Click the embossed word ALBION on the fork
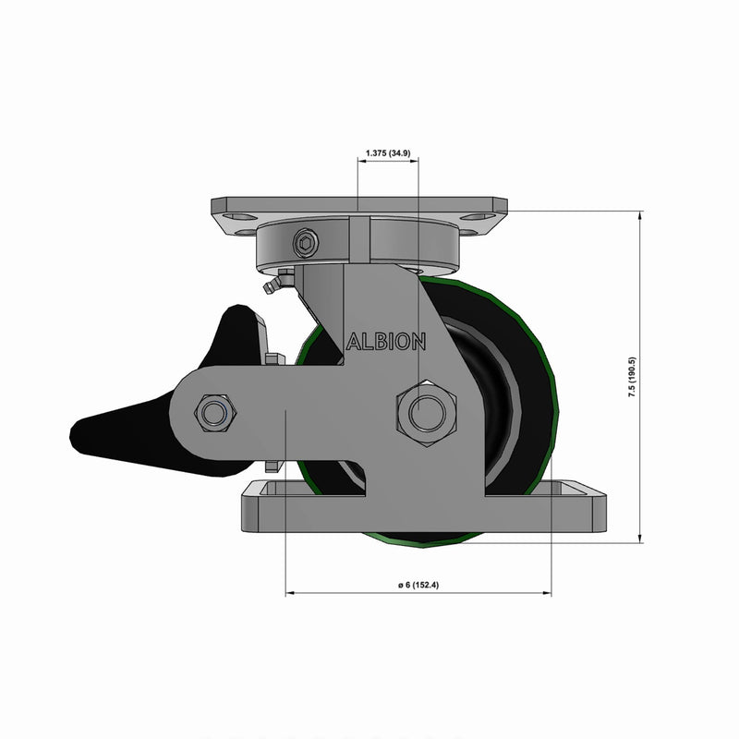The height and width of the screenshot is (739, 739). [x=386, y=342]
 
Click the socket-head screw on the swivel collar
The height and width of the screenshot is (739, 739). [x=306, y=245]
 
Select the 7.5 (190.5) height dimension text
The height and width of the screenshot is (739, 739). [x=631, y=377]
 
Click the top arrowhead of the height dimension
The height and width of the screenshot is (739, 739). [x=640, y=215]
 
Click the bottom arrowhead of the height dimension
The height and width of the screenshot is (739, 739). [x=640, y=539]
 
